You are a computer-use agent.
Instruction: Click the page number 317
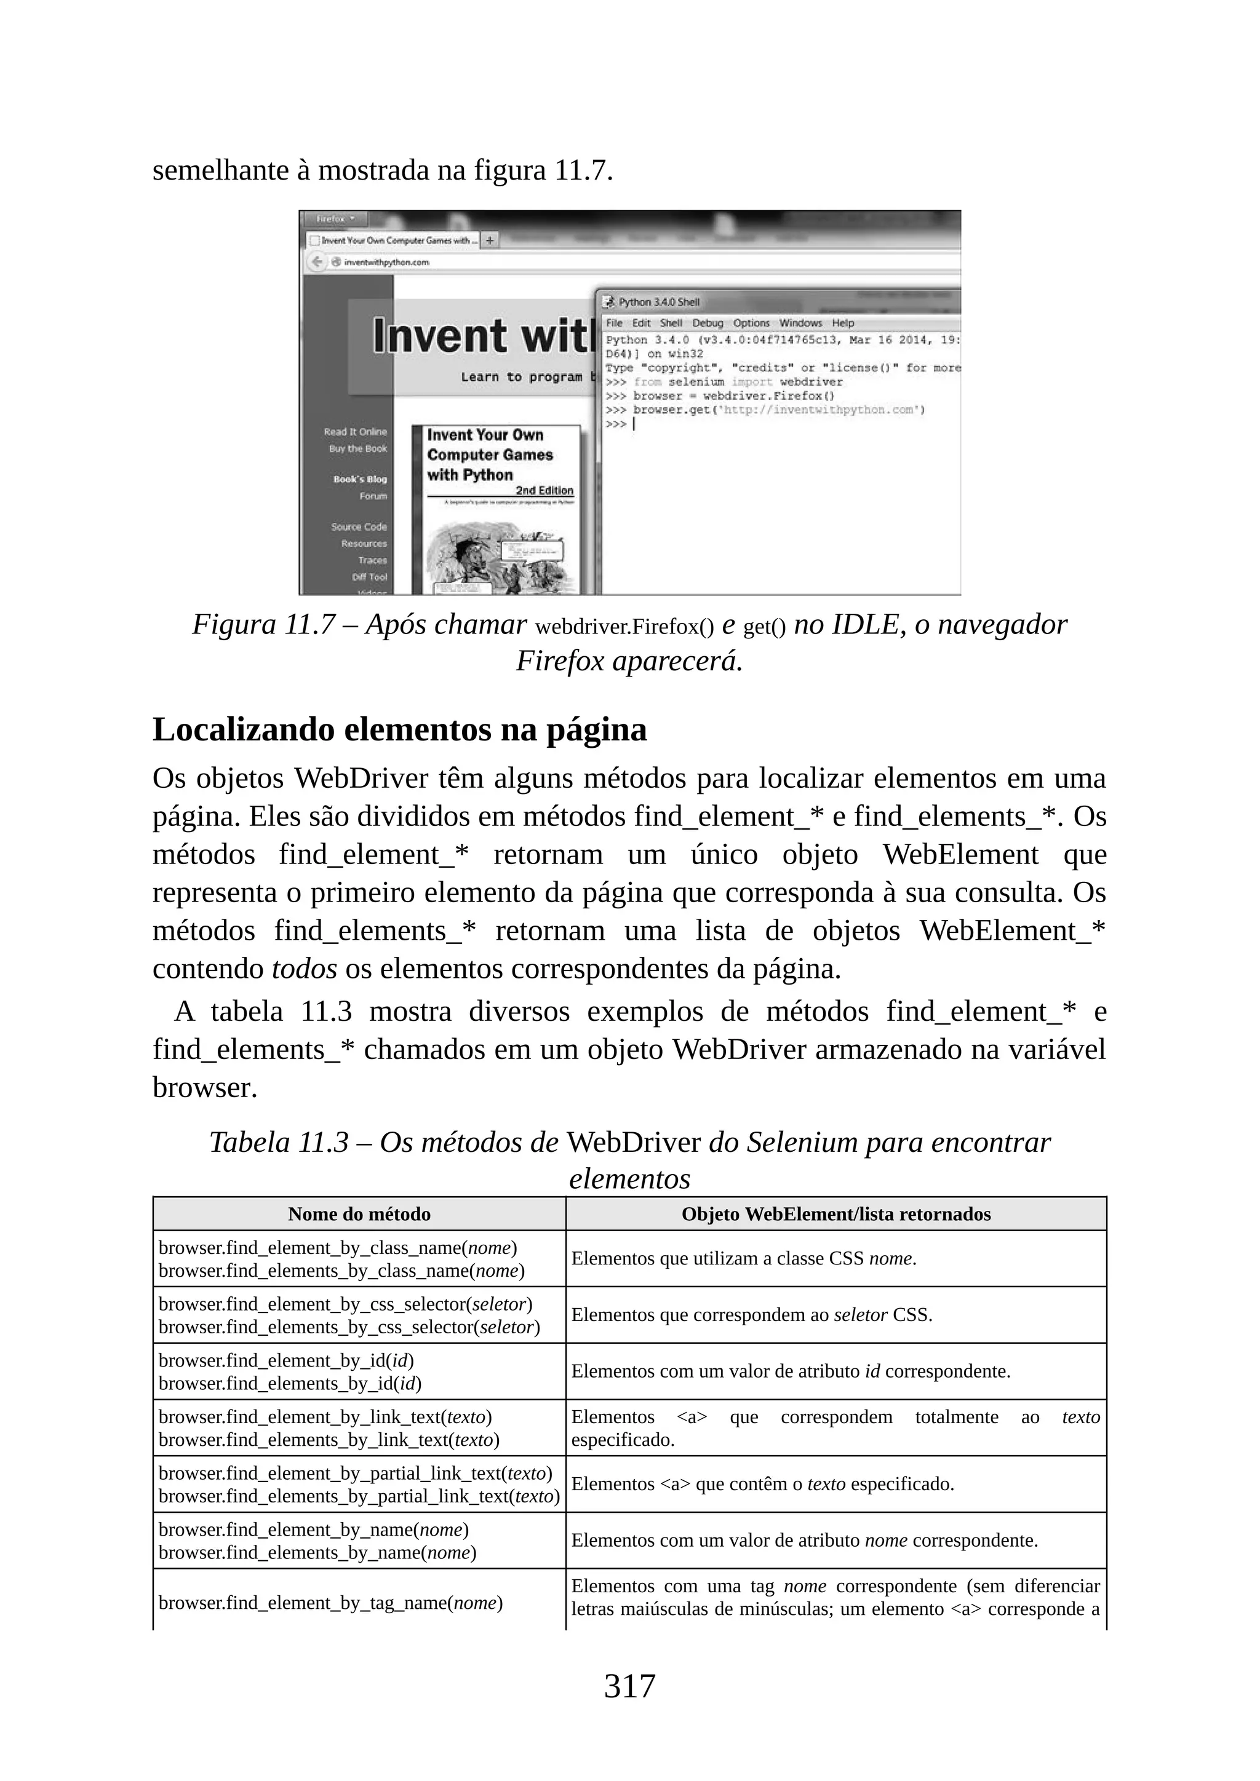629,1686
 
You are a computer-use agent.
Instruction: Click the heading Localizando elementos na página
399,730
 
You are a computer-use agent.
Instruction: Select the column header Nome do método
359,1214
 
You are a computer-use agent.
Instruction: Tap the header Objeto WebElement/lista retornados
835,1214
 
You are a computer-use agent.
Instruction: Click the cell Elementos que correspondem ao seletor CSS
751,1315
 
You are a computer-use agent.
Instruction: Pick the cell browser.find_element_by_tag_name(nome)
330,1603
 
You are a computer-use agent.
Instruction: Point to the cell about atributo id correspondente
790,1371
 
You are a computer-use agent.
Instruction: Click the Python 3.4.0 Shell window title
659,303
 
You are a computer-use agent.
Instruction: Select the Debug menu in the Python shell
707,323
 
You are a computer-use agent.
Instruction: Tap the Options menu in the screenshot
751,323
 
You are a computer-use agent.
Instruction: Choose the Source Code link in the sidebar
359,526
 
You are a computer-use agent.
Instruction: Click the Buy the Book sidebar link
357,448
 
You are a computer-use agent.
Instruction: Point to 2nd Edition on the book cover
544,490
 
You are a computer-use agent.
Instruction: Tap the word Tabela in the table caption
250,1142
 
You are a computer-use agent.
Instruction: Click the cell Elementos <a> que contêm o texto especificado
762,1484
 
